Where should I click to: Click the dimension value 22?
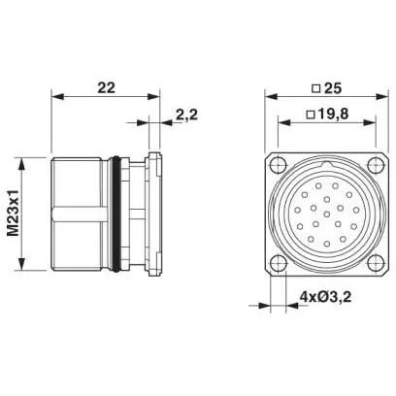pos(106,87)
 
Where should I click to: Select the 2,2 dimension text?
pos(186,115)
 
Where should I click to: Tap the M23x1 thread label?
pos(14,213)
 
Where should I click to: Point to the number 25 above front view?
pos(333,88)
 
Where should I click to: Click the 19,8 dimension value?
pos(333,114)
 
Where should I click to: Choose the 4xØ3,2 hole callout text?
pos(325,296)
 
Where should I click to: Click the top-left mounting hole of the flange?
pos(278,165)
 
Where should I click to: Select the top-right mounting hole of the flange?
pos(376,165)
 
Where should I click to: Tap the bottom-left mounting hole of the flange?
pos(278,262)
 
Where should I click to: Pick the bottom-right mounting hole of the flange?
pos(376,262)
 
